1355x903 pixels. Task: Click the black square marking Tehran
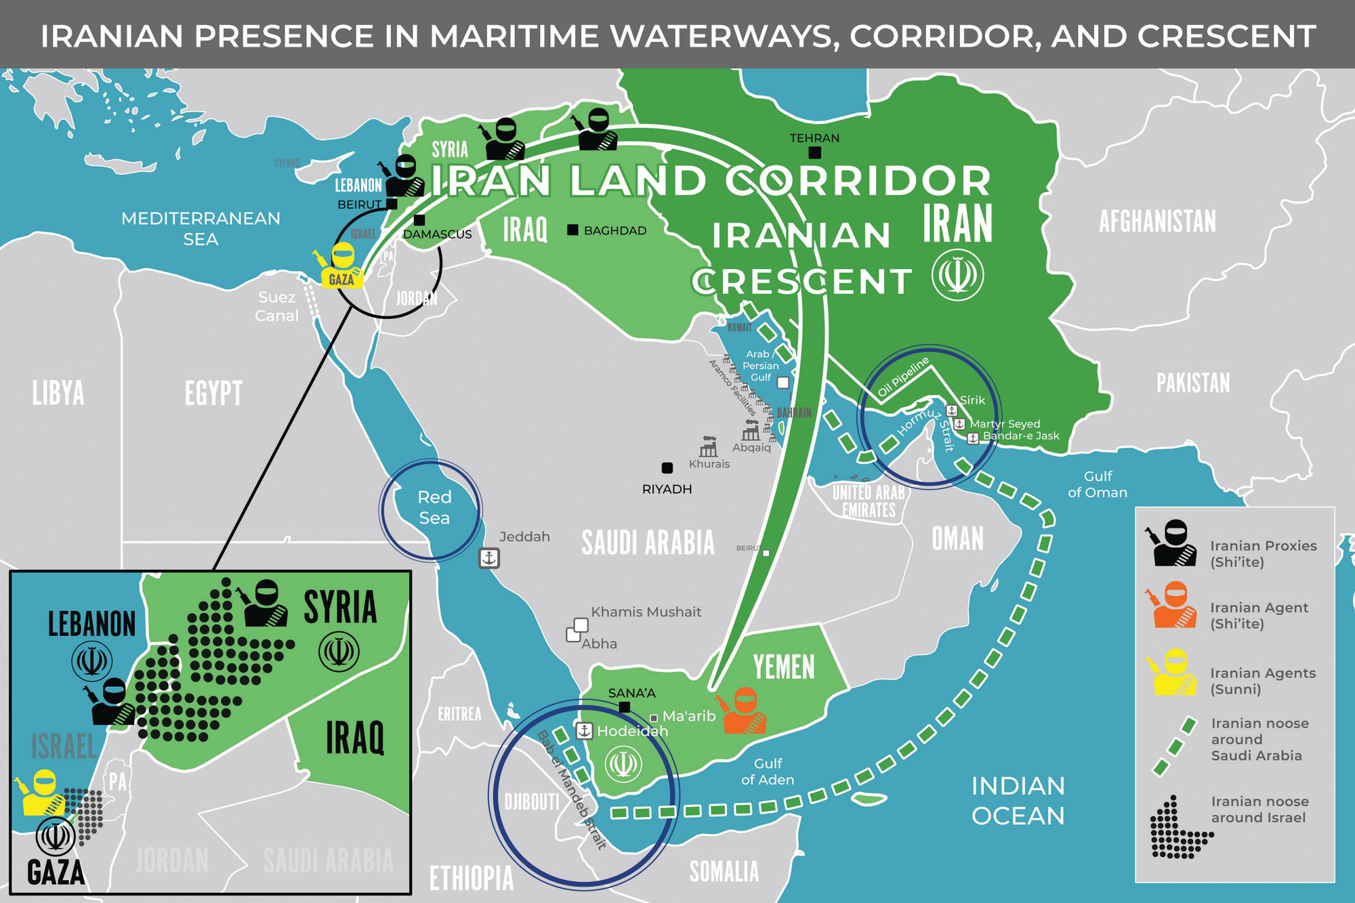(x=815, y=152)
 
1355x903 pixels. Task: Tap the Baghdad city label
(x=614, y=231)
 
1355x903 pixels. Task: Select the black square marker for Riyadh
(x=667, y=467)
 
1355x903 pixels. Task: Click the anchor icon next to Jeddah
(x=489, y=558)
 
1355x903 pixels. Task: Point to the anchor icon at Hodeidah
(x=584, y=731)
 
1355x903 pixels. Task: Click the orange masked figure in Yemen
(x=745, y=711)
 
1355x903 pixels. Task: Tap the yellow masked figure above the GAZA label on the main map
(x=342, y=261)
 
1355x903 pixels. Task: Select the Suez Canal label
(x=276, y=306)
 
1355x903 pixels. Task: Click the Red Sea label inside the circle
(x=434, y=507)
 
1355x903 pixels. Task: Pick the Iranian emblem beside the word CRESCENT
(x=957, y=275)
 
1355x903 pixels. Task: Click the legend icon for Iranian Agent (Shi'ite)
(x=1175, y=605)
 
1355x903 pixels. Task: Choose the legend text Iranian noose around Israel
(x=1259, y=810)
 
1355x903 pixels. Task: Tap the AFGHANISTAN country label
(x=1157, y=222)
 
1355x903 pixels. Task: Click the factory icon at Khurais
(x=709, y=446)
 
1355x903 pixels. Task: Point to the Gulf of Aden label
(x=768, y=772)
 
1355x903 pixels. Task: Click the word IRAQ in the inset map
(x=355, y=738)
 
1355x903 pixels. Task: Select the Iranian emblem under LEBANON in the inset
(x=92, y=661)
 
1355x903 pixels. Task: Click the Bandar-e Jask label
(x=1021, y=436)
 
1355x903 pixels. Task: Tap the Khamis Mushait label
(x=646, y=612)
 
